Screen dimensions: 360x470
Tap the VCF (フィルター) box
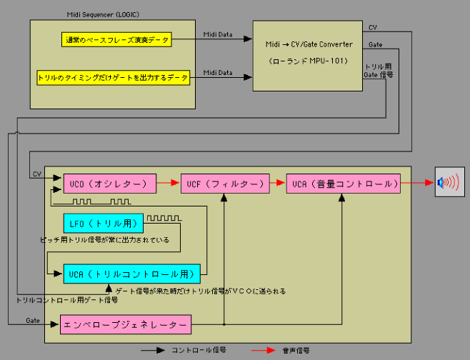tap(224, 184)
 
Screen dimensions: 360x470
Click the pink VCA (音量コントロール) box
tap(343, 184)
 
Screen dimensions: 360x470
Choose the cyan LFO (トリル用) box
tap(103, 223)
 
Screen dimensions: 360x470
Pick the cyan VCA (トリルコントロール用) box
tap(132, 273)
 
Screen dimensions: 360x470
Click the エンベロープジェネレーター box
tap(126, 324)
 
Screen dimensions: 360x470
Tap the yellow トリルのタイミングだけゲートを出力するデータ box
tap(114, 76)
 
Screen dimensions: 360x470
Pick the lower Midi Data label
tap(217, 71)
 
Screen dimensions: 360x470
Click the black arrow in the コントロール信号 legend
tap(152, 350)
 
